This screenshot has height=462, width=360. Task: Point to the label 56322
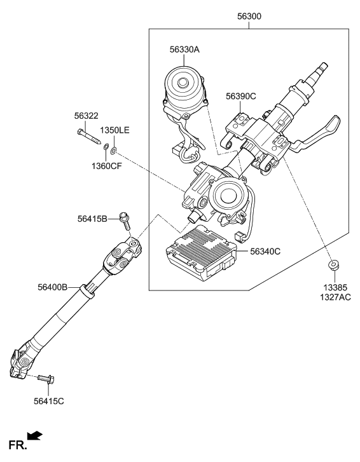click(86, 116)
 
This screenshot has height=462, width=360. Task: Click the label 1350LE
click(114, 130)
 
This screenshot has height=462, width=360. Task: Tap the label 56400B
click(52, 287)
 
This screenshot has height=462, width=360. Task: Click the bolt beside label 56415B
click(125, 221)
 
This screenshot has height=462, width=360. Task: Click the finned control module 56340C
click(199, 252)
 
